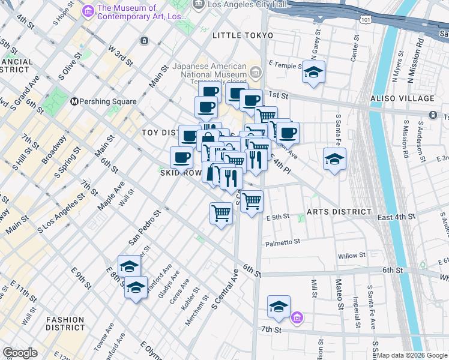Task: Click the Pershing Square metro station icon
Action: pos(75,101)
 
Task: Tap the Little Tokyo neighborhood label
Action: pos(243,36)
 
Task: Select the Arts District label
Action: pos(339,212)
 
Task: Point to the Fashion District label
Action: pos(65,323)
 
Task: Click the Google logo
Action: pos(20,353)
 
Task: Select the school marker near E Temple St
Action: pos(313,73)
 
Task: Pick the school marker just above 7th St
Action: pos(279,307)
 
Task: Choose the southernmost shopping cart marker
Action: pos(221,213)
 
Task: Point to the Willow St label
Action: pos(348,256)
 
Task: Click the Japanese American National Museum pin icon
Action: pos(256,73)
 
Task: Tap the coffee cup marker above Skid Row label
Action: pos(181,158)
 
